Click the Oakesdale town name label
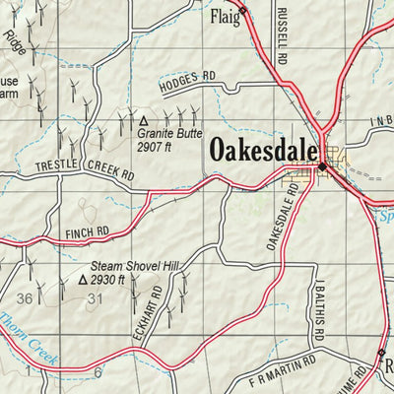tap(263, 151)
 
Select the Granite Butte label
tap(171, 130)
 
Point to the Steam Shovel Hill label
tap(135, 266)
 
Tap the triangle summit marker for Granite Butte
tap(140, 117)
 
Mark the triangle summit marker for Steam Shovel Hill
tap(82, 280)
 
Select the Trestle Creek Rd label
tap(85, 169)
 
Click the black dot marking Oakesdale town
tap(322, 168)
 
